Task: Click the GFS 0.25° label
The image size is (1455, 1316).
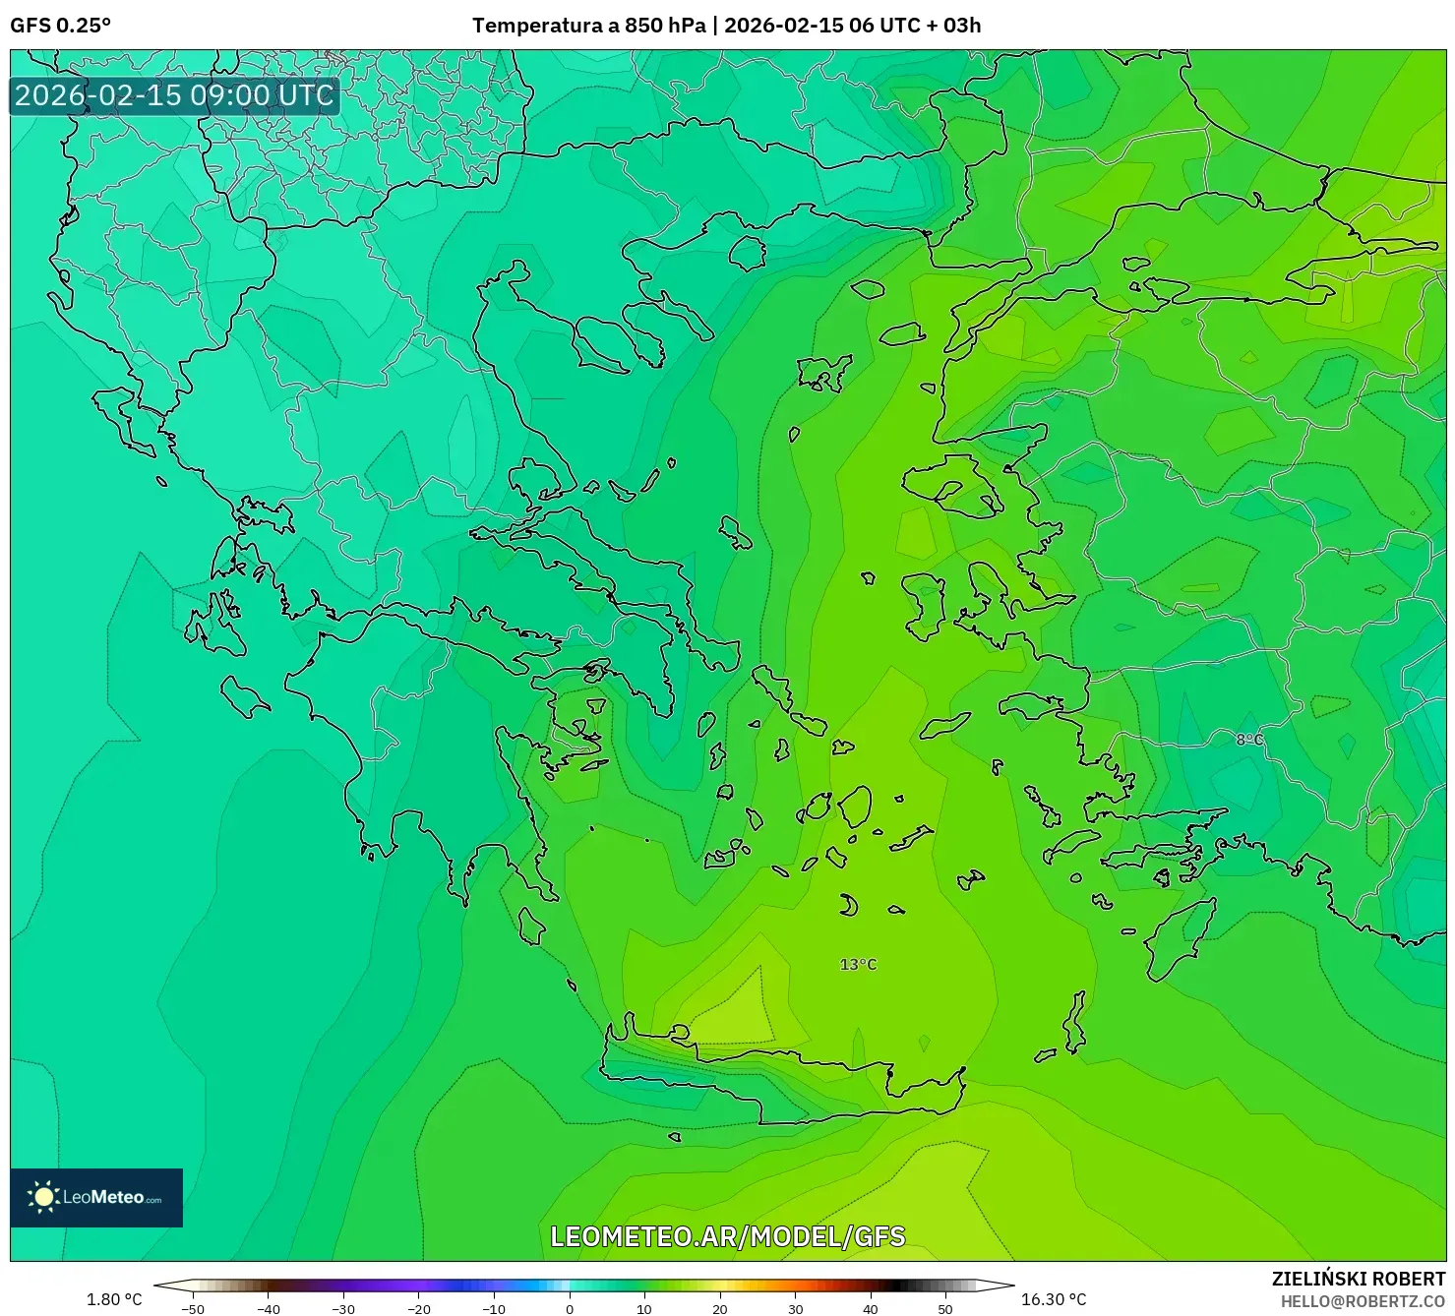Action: click(x=60, y=26)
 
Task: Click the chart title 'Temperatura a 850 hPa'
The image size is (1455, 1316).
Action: click(x=588, y=26)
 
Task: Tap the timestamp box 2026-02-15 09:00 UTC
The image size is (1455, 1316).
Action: click(x=174, y=95)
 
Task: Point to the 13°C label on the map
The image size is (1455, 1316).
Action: click(x=858, y=965)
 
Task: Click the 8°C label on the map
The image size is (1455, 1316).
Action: click(x=1249, y=740)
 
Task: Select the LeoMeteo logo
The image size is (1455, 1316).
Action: click(x=96, y=1197)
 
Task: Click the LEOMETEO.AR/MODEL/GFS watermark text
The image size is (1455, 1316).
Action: click(x=727, y=1236)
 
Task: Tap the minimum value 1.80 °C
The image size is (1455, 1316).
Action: click(x=114, y=1299)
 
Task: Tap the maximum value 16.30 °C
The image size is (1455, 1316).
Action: click(x=1054, y=1299)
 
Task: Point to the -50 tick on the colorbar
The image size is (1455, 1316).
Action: click(x=193, y=1308)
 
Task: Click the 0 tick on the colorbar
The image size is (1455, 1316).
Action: click(x=570, y=1308)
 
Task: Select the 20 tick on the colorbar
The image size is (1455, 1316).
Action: click(x=720, y=1308)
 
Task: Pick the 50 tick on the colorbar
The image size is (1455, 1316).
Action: click(x=945, y=1308)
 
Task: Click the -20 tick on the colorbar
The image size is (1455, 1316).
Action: click(x=419, y=1308)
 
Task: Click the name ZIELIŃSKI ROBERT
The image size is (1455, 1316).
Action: click(x=1359, y=1279)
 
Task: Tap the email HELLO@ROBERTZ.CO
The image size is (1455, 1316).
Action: click(x=1363, y=1301)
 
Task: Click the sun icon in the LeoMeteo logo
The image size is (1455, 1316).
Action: click(x=43, y=1197)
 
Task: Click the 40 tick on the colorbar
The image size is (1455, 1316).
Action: click(x=871, y=1308)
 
